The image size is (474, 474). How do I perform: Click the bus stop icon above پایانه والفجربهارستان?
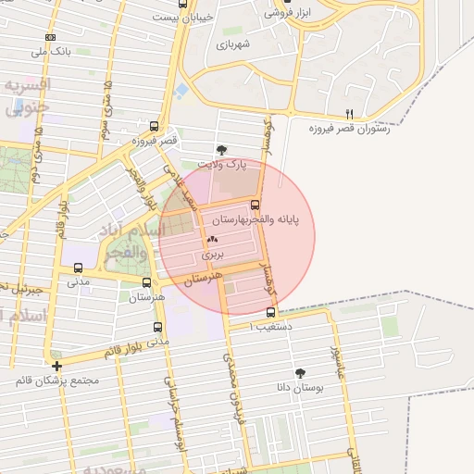[256, 205]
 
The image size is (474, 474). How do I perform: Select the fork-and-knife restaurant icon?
[349, 114]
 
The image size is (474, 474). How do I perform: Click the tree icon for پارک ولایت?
[220, 149]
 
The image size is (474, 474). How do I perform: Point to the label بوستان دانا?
[300, 390]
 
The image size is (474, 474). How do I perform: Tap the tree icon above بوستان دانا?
[301, 374]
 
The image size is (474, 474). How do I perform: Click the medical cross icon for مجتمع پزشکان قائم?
[57, 366]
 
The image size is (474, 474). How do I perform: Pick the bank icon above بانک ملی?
[50, 37]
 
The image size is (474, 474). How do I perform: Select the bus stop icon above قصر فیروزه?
[154, 127]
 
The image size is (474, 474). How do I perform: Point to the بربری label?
[213, 253]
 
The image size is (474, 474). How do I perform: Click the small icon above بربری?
[213, 240]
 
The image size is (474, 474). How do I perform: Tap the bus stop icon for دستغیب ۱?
[269, 312]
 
